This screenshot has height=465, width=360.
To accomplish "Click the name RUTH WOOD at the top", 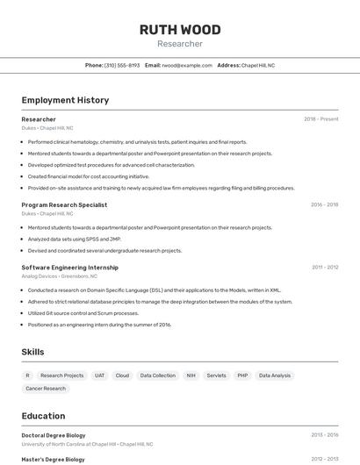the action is click(x=180, y=30).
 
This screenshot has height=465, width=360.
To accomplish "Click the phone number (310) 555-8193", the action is click(x=122, y=65).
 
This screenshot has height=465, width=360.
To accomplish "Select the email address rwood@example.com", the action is click(x=187, y=65).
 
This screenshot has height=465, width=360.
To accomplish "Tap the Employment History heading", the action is click(x=65, y=100).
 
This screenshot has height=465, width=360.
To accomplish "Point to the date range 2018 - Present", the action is click(x=320, y=119).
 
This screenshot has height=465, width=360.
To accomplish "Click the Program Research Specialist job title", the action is click(x=64, y=204).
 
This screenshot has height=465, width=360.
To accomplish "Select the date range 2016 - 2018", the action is click(x=324, y=204).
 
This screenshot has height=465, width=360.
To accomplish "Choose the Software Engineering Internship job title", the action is click(x=69, y=267).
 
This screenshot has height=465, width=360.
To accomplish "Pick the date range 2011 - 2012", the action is click(x=324, y=267).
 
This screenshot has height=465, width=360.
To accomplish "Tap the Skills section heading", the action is click(x=33, y=352).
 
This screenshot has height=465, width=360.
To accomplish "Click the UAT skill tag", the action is click(x=99, y=376).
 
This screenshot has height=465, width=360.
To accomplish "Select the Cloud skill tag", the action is click(x=122, y=376).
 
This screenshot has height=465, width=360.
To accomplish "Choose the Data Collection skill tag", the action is click(x=158, y=376).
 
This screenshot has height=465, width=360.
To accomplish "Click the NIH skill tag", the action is click(x=191, y=376).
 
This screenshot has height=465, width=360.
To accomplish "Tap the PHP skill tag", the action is click(x=242, y=376).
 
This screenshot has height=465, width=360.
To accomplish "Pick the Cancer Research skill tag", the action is click(x=46, y=388).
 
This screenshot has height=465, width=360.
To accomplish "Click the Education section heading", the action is click(x=43, y=416).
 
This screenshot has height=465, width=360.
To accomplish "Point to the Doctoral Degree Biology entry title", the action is click(x=54, y=434).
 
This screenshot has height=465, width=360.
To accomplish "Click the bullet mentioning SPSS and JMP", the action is click(x=75, y=239).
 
